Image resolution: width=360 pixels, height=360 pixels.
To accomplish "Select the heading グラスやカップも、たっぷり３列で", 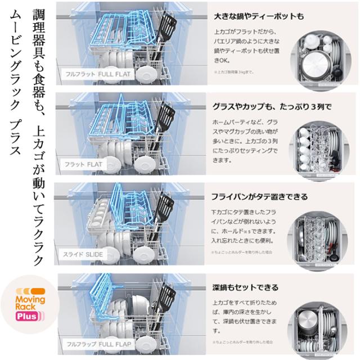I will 264,106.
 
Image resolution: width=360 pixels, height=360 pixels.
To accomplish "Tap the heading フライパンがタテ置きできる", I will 259,197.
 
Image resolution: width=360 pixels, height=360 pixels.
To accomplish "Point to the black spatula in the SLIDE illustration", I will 164,211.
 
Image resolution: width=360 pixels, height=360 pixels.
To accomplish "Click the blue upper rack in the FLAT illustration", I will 121,118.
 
